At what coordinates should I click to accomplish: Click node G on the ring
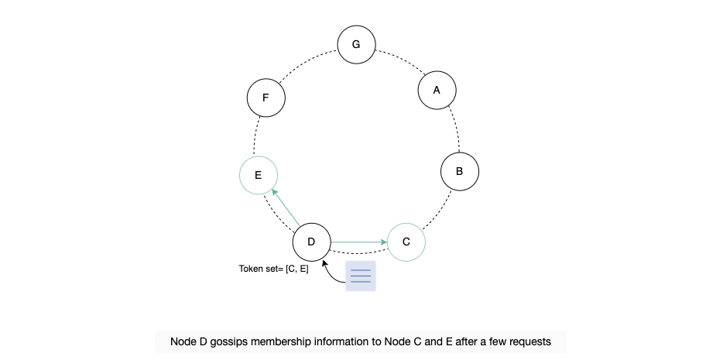(356, 45)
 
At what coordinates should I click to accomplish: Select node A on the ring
(437, 91)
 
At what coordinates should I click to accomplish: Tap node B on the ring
(459, 171)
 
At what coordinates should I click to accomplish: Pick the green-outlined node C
(406, 242)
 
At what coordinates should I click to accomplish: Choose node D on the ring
(311, 242)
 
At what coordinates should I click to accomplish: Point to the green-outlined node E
(259, 175)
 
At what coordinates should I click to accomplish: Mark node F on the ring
(266, 98)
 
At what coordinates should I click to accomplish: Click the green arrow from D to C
(358, 242)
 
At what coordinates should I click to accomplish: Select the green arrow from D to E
(286, 207)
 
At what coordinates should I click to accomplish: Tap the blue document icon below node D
(361, 276)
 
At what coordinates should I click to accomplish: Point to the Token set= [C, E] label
(273, 269)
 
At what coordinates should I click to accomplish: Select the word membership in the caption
(279, 341)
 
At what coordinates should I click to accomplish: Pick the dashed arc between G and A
(401, 59)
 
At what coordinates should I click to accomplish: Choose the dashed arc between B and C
(439, 210)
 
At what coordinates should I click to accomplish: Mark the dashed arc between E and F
(255, 136)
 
